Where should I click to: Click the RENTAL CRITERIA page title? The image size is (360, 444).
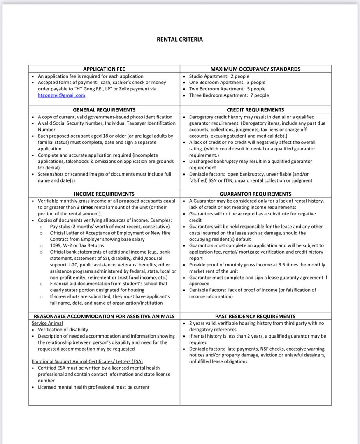pyautogui.click(x=180, y=39)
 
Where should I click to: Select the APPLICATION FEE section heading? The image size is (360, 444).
pyautogui.click(x=104, y=69)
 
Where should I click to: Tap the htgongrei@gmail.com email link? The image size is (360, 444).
pyautogui.click(x=61, y=95)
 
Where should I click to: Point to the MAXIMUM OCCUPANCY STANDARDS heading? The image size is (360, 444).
pyautogui.click(x=255, y=69)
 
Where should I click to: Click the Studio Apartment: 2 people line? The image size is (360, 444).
pyautogui.click(x=219, y=76)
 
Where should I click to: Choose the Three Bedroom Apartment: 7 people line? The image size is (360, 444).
pyautogui.click(x=229, y=95)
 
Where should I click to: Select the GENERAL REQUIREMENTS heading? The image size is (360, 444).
pyautogui.click(x=104, y=110)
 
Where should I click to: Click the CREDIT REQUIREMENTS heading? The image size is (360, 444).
pyautogui.click(x=255, y=110)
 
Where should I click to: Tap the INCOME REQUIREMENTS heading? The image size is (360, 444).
pyautogui.click(x=104, y=194)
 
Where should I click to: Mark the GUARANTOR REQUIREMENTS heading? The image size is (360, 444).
pyautogui.click(x=255, y=194)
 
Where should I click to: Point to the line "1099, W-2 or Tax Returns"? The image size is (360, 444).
pyautogui.click(x=77, y=245)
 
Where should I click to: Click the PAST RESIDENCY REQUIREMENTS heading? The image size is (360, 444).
pyautogui.click(x=255, y=316)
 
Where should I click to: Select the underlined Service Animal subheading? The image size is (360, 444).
pyautogui.click(x=47, y=323)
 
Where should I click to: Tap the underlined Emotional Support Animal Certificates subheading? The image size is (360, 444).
pyautogui.click(x=87, y=361)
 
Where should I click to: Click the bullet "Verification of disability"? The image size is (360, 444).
pyautogui.click(x=63, y=330)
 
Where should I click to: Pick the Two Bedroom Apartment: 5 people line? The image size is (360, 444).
pyautogui.click(x=227, y=89)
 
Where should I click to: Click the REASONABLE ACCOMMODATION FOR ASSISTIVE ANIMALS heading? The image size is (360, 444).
pyautogui.click(x=104, y=316)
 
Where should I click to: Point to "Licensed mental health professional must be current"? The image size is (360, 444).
pyautogui.click(x=93, y=387)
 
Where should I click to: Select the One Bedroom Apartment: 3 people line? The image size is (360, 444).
pyautogui.click(x=227, y=82)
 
